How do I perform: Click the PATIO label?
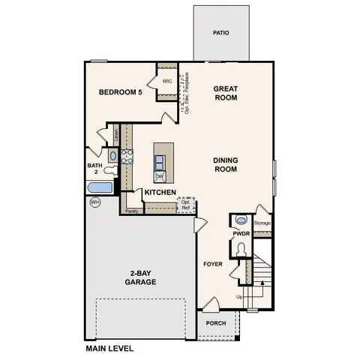pos(220,33)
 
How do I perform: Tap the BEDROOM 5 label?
pos(120,92)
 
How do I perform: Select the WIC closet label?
pos(166,81)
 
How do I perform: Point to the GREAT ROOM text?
pos(225,92)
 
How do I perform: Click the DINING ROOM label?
pos(225,164)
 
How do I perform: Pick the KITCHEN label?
pos(160,193)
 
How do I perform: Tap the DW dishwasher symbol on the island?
pos(160,177)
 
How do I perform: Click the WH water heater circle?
pos(94,202)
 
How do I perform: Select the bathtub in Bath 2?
pos(100,187)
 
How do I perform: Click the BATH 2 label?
pos(94,169)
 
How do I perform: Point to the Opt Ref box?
pos(185,205)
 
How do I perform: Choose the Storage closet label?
pos(262,223)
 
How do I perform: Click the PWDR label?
pos(240,234)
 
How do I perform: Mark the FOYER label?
pos(212,264)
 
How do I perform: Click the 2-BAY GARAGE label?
pos(140,277)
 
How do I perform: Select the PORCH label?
pos(216,324)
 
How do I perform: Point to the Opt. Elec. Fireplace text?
pos(182,93)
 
